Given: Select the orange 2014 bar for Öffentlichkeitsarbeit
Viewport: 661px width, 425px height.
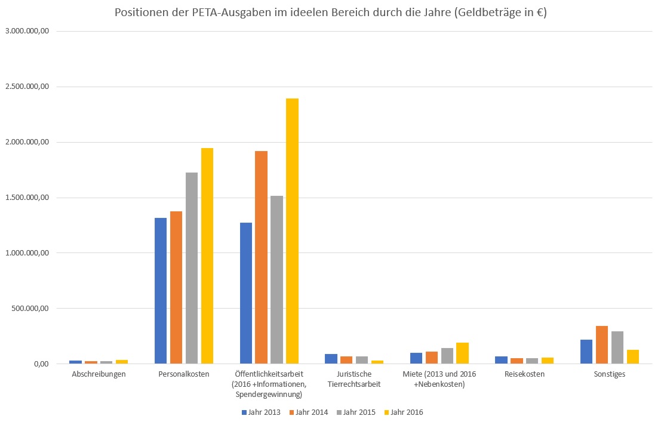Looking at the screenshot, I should [261, 257].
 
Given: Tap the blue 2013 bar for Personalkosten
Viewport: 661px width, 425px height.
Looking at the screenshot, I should [161, 291].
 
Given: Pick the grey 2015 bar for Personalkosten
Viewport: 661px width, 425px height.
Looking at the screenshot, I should [192, 268].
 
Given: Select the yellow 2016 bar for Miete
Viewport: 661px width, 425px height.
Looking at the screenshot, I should [462, 353].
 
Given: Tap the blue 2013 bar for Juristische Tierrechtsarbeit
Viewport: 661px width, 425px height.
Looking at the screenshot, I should [331, 359].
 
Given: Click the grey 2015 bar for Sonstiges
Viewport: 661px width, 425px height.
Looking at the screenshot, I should [617, 347].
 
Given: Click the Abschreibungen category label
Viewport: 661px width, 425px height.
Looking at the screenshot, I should [99, 374].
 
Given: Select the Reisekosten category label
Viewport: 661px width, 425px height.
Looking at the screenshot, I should [524, 374].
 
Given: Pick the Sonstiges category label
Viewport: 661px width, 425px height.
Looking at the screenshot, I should [609, 374].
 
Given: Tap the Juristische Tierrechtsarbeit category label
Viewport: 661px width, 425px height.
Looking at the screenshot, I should [354, 379].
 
